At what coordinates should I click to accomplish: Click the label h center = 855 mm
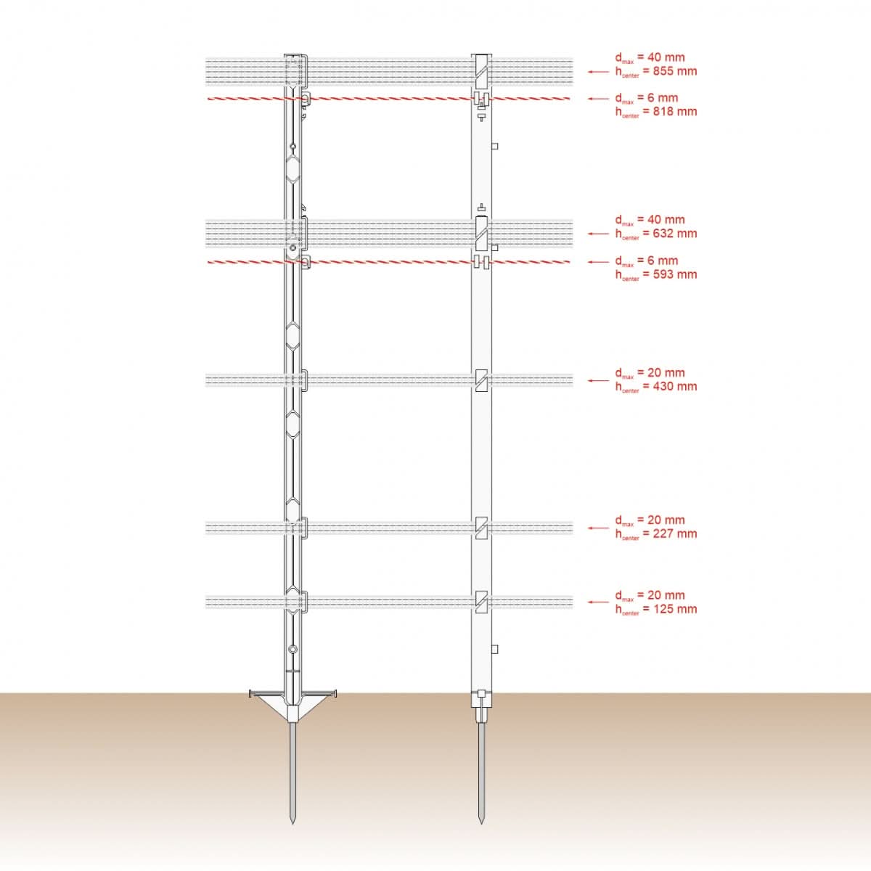pyautogui.click(x=656, y=72)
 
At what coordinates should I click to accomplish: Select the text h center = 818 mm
pyautogui.click(x=656, y=112)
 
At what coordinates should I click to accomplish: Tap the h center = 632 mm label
pyautogui.click(x=656, y=234)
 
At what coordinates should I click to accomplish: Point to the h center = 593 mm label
pyautogui.click(x=656, y=274)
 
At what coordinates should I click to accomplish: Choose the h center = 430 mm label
pyautogui.click(x=656, y=387)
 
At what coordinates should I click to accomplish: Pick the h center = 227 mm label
pyautogui.click(x=656, y=534)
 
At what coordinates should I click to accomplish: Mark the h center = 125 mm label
pyautogui.click(x=656, y=609)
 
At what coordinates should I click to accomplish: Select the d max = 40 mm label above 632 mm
pyautogui.click(x=650, y=220)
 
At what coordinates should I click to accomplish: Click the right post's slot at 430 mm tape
pyautogui.click(x=481, y=380)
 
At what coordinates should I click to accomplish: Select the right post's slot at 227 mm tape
pyautogui.click(x=481, y=528)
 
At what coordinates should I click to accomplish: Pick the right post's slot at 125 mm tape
pyautogui.click(x=481, y=602)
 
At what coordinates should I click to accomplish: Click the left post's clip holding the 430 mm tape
pyautogui.click(x=303, y=380)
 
